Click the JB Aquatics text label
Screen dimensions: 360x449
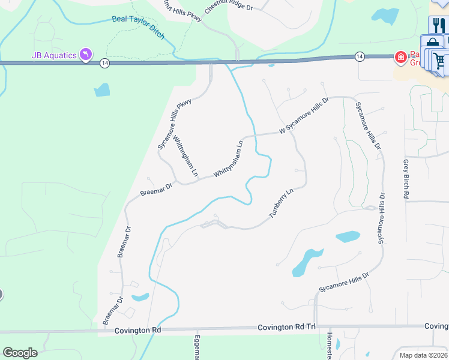tap(54, 56)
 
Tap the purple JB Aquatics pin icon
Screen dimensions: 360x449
tap(87, 56)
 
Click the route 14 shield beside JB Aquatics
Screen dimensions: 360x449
tap(104, 62)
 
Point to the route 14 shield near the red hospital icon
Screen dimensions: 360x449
tap(359, 56)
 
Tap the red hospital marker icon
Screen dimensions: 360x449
tap(399, 57)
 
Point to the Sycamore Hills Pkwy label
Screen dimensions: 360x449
tap(174, 123)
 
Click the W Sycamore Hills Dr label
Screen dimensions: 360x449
tap(304, 116)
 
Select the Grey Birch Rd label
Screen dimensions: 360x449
tap(406, 179)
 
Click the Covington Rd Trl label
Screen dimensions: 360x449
tap(287, 327)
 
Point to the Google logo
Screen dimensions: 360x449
tap(20, 353)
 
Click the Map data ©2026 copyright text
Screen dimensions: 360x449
tap(423, 355)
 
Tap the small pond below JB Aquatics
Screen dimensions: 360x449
tap(102, 90)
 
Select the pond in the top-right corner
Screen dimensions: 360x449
tap(385, 16)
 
